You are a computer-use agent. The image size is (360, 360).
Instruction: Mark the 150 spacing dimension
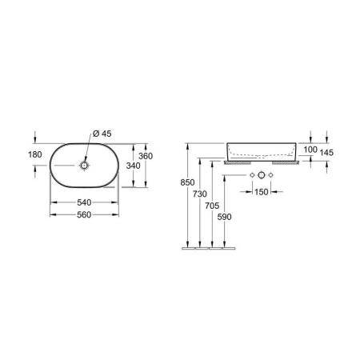pos(261,192)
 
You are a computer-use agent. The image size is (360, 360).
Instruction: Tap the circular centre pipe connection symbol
pos(261,174)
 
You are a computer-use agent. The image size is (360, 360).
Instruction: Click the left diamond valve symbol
pos(250,174)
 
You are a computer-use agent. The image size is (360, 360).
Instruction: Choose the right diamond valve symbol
pos(272,174)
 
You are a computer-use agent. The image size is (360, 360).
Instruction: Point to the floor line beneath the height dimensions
pos(210,249)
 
